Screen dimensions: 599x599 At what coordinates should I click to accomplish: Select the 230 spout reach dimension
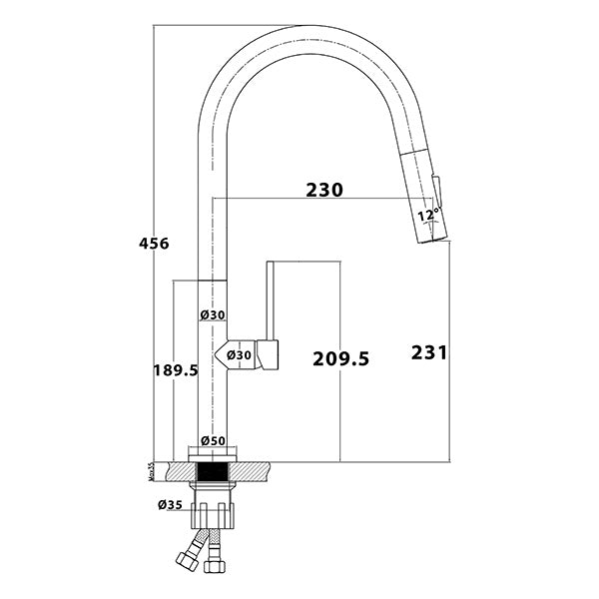point(324,190)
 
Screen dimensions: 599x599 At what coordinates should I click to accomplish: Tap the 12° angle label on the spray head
point(427,214)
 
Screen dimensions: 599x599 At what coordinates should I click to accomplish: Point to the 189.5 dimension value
point(175,369)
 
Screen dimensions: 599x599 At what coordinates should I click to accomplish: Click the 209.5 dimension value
point(340,357)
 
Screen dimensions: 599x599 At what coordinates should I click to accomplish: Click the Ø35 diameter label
point(169,504)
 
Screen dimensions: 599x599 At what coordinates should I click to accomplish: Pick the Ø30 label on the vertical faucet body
point(212,314)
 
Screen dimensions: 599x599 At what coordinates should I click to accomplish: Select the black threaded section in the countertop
point(213,470)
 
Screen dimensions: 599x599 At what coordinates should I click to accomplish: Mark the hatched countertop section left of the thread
point(177,467)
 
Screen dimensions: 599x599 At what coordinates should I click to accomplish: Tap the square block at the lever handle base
point(268,355)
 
